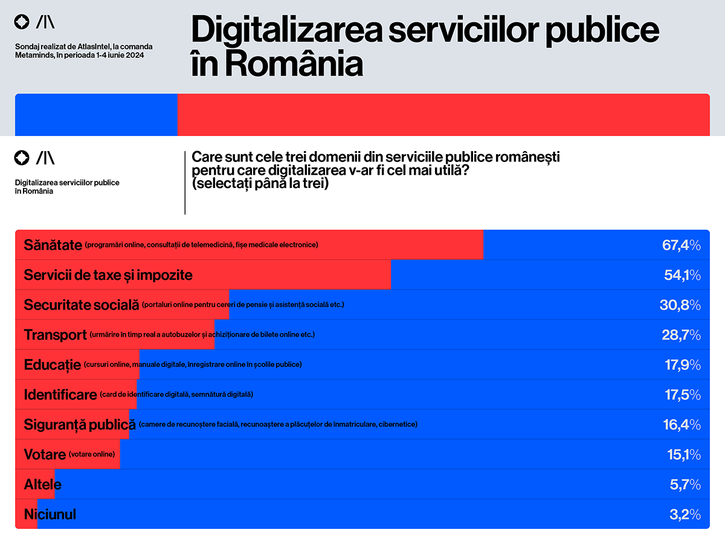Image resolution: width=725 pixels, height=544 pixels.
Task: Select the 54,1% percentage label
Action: point(681,276)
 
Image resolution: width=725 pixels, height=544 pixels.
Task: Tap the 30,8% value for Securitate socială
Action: point(680,305)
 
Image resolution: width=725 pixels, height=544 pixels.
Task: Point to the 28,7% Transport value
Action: point(681,335)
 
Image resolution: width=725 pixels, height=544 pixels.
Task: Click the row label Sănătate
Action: point(53,245)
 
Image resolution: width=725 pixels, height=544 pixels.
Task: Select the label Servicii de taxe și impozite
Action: point(108,275)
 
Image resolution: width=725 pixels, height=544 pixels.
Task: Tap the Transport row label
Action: point(56,335)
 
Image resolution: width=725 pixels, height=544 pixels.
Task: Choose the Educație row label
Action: point(53,364)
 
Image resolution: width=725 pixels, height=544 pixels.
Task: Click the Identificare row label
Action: point(60,395)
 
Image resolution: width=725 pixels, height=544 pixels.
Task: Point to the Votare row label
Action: point(45,455)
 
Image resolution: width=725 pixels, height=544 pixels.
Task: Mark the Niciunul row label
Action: point(50,515)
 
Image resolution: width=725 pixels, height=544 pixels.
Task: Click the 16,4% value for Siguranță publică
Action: point(681,425)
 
